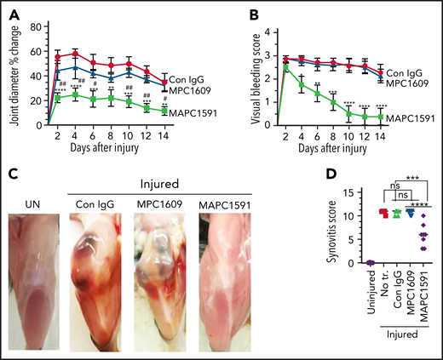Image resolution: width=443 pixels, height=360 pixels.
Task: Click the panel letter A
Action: (11, 11)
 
